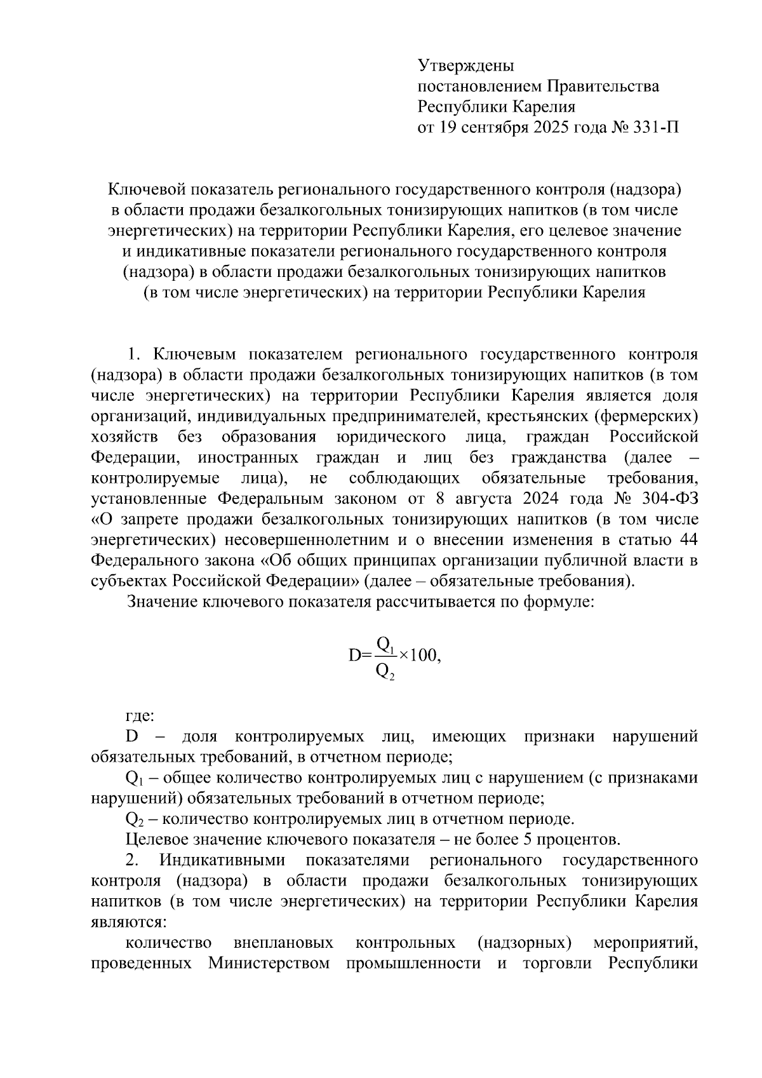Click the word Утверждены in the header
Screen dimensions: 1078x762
point(465,65)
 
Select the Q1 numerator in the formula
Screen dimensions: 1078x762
point(385,644)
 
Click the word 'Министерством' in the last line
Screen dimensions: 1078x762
point(269,964)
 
